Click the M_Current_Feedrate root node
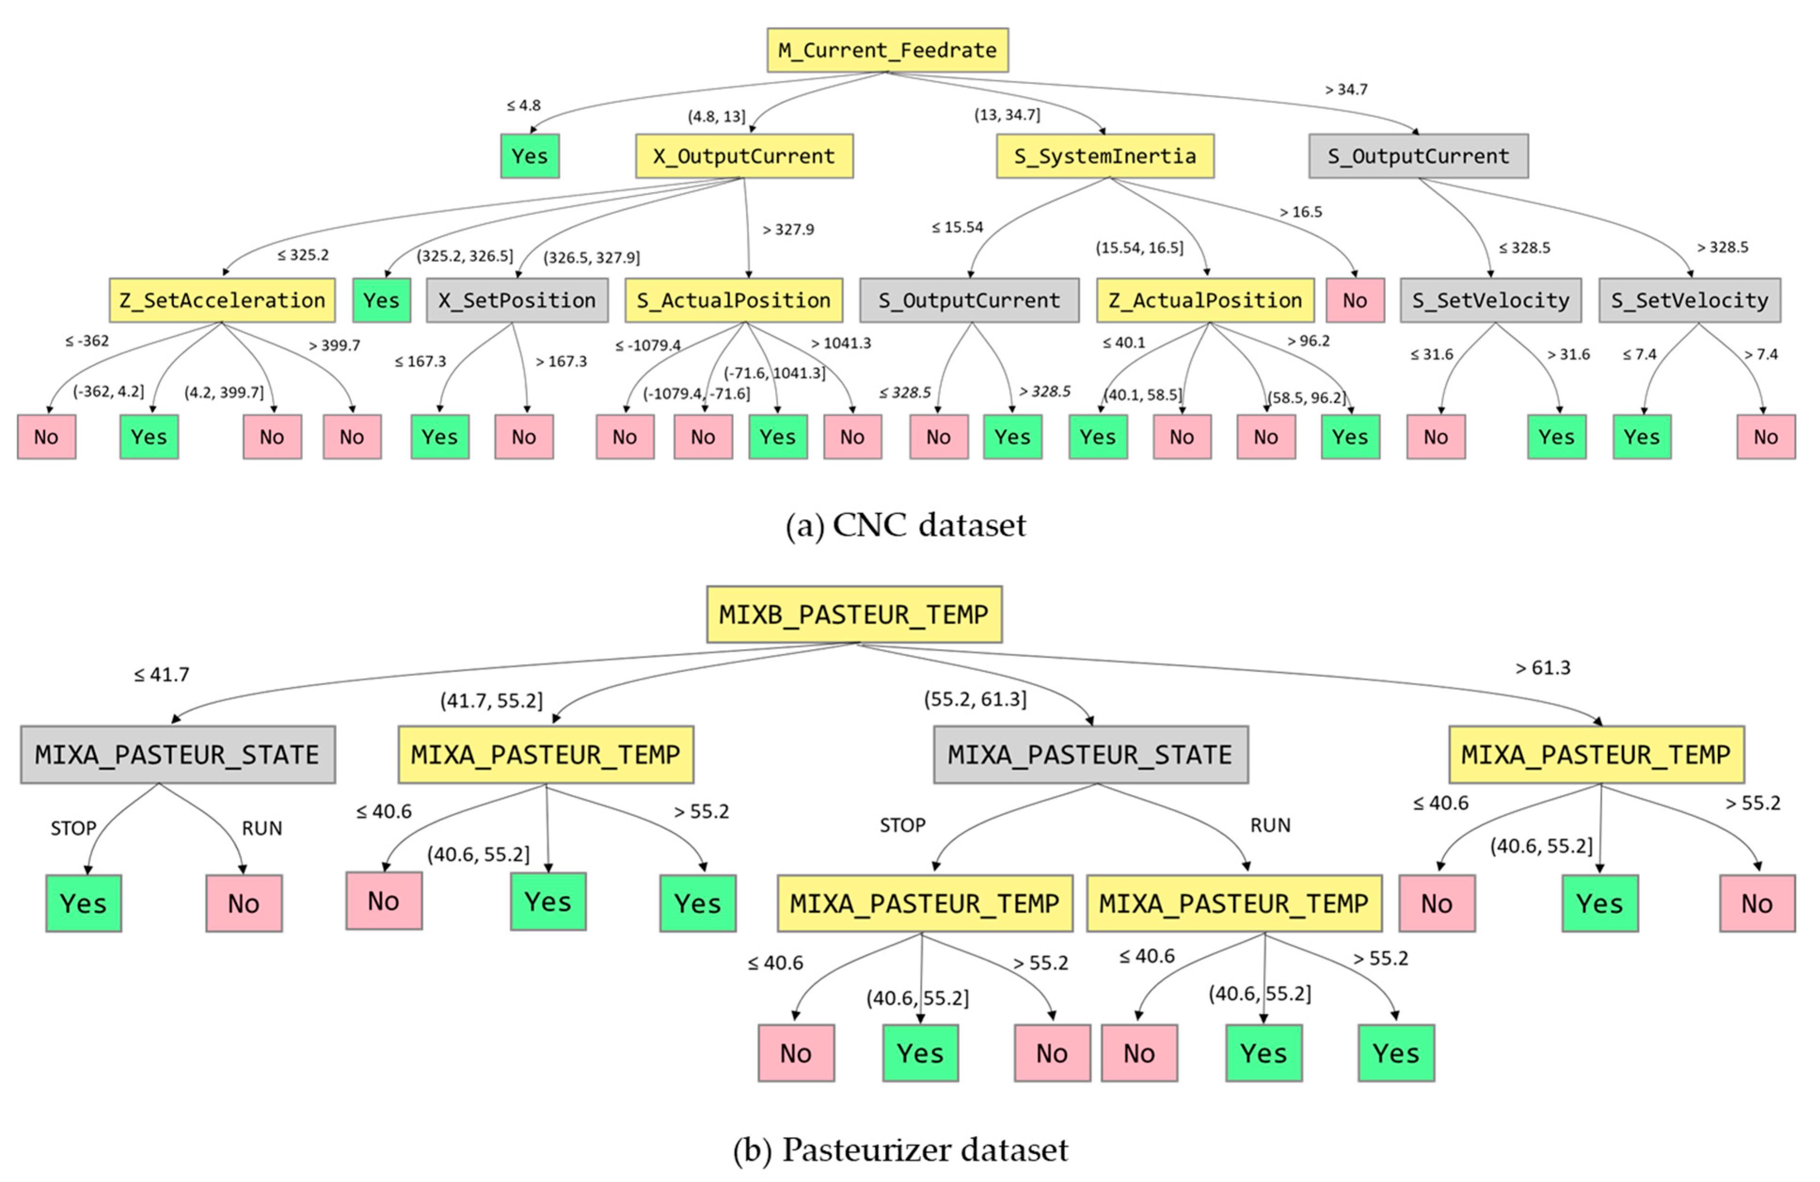(887, 50)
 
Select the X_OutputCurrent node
(744, 156)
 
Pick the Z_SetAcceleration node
(222, 300)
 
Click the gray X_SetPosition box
(517, 300)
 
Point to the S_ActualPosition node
(733, 300)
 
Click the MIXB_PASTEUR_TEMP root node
(854, 614)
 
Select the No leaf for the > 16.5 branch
(1354, 300)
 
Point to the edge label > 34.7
(1346, 89)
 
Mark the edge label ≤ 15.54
(957, 227)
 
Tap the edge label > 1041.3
(840, 343)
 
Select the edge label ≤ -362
(87, 341)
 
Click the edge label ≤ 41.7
(161, 674)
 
